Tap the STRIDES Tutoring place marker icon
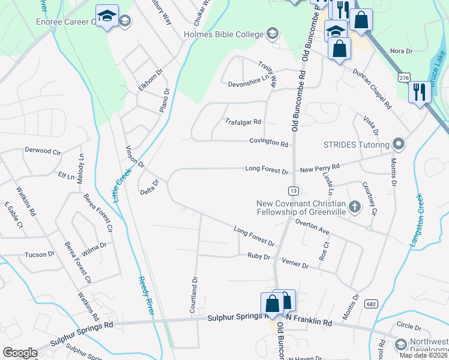click(x=399, y=144)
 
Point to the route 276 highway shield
click(x=403, y=77)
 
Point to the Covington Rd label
click(x=269, y=143)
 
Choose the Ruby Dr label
click(x=259, y=257)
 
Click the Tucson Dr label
click(x=40, y=254)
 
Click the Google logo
click(x=20, y=353)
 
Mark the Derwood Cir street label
click(x=43, y=151)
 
